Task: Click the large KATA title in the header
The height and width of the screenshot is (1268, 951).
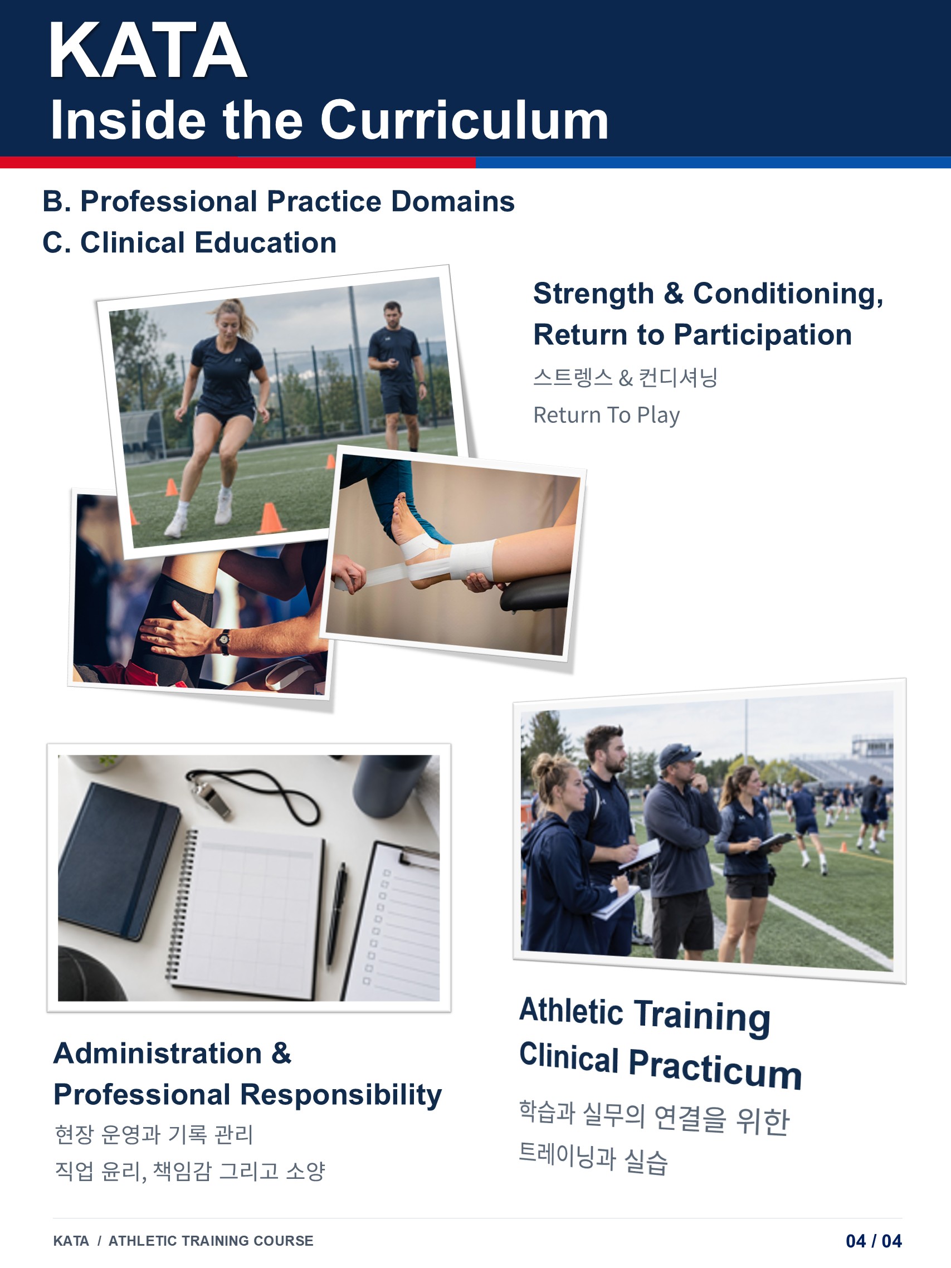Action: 148,51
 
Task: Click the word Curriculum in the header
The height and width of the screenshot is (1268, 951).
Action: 464,120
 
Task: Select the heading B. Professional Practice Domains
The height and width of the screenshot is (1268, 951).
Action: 279,201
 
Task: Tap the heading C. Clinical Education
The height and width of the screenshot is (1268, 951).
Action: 189,242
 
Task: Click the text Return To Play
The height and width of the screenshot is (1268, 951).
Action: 607,415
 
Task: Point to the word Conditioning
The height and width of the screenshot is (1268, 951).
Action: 788,294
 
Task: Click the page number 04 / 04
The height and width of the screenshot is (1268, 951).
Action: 874,1241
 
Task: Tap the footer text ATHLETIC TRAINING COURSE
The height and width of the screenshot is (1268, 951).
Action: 211,1241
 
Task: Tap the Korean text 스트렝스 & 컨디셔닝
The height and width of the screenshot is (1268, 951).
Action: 625,378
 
